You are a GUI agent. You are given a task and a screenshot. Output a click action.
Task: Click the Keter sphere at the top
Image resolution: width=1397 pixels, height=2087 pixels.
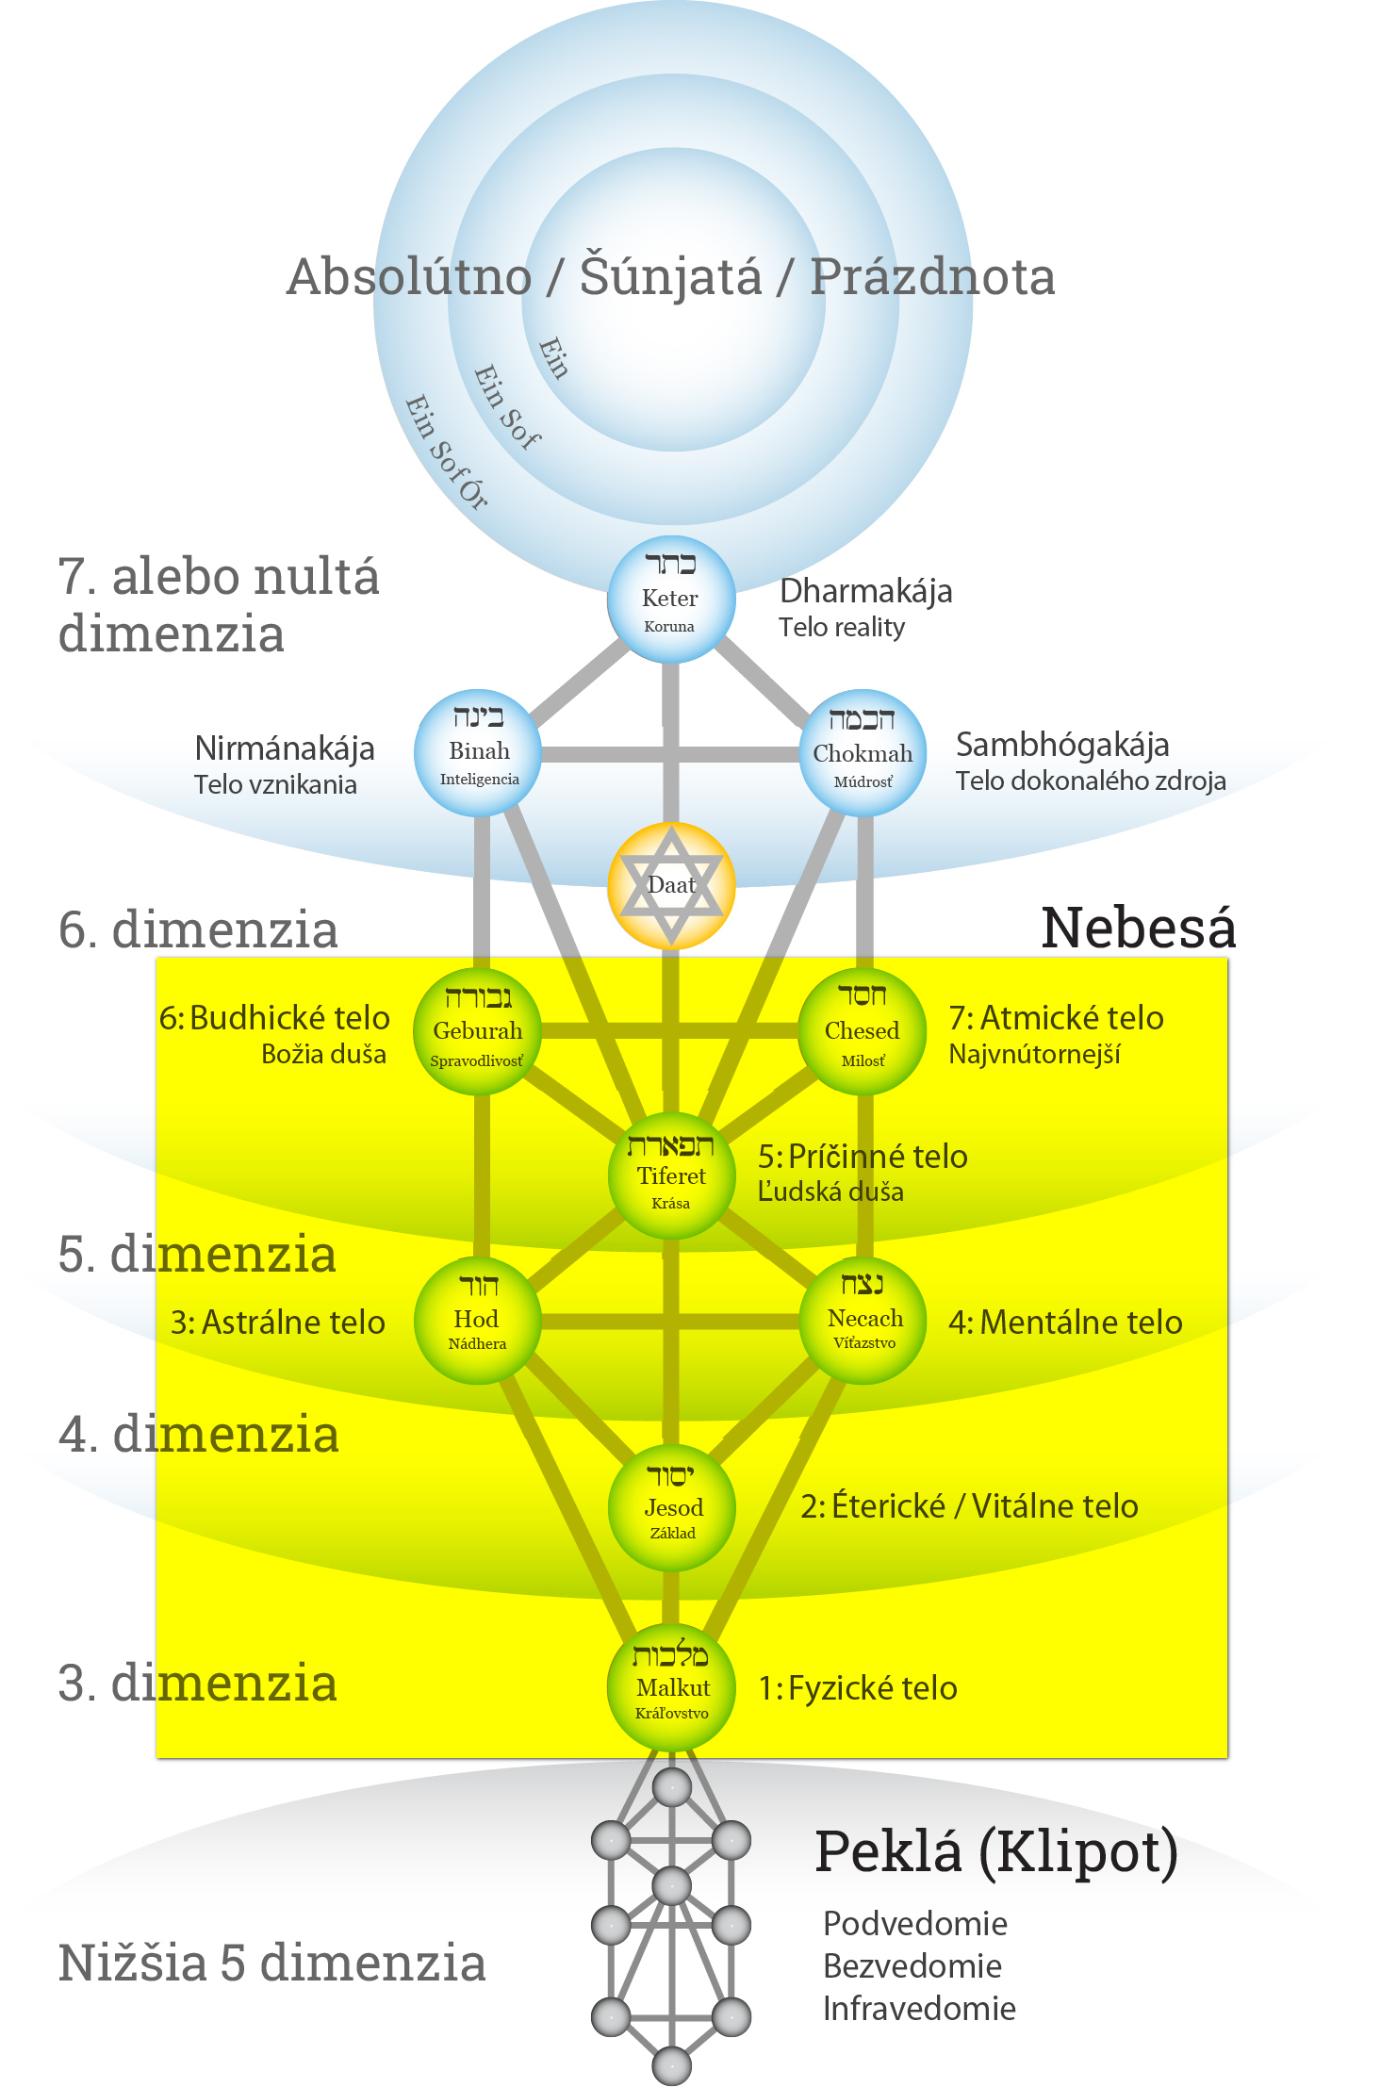click(x=670, y=599)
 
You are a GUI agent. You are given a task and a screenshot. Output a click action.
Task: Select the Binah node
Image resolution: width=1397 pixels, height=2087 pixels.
click(x=478, y=753)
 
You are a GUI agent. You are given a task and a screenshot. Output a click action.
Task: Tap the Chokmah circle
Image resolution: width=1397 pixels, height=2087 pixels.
click(x=863, y=753)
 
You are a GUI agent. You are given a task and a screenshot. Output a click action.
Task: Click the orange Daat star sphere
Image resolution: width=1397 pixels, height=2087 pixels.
click(x=671, y=885)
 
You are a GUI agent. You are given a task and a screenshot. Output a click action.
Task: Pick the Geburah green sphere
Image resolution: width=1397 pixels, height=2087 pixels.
click(x=478, y=1031)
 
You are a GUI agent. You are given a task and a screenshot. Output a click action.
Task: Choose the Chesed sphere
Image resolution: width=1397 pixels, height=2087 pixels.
click(x=863, y=1031)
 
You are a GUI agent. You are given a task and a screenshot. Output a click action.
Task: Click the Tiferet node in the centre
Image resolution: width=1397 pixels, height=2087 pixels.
click(x=671, y=1176)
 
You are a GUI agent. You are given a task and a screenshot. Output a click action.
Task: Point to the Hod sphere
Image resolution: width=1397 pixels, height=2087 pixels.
click(x=478, y=1321)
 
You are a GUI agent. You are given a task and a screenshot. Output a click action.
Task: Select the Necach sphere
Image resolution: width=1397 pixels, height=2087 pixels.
click(x=863, y=1321)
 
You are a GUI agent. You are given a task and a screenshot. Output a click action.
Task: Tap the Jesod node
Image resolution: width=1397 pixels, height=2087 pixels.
click(x=671, y=1506)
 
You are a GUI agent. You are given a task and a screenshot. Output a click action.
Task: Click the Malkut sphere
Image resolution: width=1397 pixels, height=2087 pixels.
click(x=671, y=1688)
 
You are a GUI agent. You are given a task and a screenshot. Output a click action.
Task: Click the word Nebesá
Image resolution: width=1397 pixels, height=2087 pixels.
click(x=1138, y=928)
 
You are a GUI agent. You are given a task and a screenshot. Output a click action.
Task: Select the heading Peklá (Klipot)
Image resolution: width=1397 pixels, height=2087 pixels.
click(x=995, y=1851)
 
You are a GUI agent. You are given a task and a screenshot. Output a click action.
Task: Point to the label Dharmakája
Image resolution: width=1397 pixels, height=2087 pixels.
click(x=865, y=591)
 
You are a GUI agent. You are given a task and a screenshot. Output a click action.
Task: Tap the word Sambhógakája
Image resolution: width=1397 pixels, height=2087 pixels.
click(x=1061, y=745)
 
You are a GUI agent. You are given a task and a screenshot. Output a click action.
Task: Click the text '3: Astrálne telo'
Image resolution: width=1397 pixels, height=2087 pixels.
click(x=277, y=1323)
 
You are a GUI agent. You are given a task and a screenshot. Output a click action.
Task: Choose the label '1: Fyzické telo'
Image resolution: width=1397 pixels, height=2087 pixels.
click(x=858, y=1688)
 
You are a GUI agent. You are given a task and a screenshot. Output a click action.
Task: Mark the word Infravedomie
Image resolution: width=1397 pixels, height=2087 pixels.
click(x=919, y=2009)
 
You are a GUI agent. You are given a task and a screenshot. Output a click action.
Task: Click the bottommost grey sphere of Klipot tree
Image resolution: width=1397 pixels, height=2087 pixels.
click(x=671, y=2064)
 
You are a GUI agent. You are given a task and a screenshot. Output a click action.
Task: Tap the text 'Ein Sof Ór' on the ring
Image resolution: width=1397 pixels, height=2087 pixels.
click(x=446, y=453)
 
